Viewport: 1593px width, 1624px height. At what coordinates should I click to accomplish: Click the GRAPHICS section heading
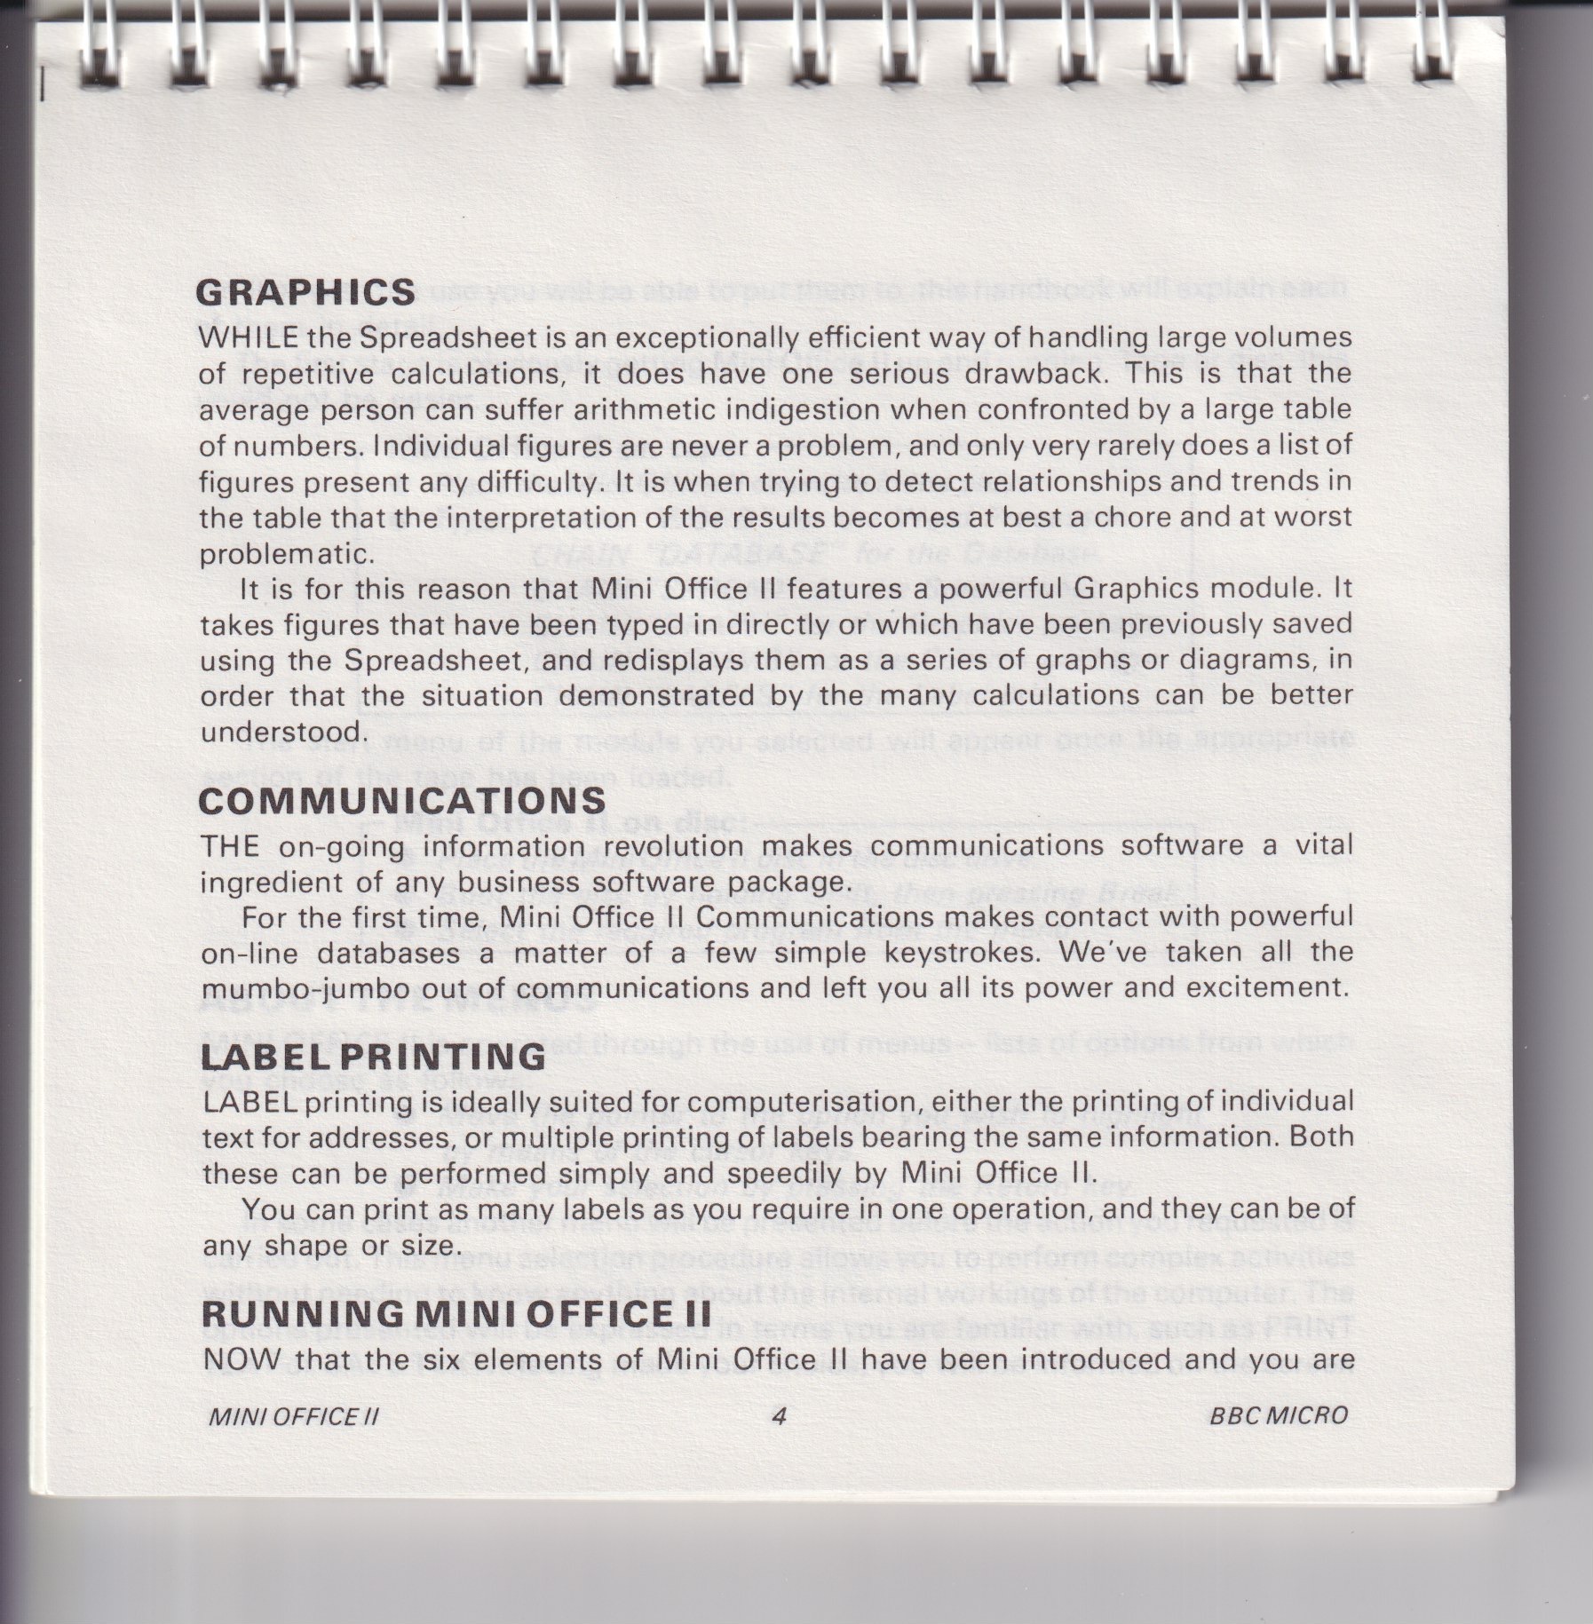306,292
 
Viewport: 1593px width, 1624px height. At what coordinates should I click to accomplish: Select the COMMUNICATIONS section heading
402,801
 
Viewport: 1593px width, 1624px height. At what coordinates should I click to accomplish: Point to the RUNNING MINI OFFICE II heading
456,1311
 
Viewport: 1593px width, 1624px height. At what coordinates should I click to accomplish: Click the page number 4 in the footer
780,1415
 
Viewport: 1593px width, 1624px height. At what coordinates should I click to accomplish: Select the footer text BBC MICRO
1279,1415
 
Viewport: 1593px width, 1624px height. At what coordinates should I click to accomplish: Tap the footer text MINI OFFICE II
292,1416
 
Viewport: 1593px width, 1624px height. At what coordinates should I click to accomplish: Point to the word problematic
282,554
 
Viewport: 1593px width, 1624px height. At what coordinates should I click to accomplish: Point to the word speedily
798,1174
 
